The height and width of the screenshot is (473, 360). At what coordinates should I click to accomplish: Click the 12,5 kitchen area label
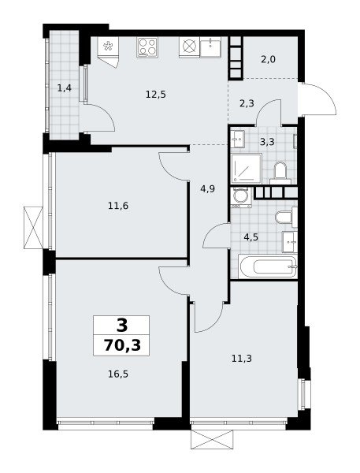point(155,95)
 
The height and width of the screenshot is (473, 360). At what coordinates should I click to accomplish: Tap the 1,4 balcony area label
point(65,88)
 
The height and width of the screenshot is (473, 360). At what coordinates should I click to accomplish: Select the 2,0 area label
point(268,59)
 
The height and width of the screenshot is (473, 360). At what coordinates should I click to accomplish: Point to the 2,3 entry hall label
point(247,104)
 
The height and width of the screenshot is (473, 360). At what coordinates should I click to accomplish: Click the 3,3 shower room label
point(267,141)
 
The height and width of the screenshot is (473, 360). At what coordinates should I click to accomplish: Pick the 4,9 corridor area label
point(207,189)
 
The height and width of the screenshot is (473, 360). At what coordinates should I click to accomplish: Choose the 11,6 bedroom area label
point(118,206)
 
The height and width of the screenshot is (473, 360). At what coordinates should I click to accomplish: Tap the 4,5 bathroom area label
point(251,237)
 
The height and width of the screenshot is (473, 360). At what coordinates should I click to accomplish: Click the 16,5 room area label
point(118,374)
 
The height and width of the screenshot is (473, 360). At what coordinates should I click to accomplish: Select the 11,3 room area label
point(242,359)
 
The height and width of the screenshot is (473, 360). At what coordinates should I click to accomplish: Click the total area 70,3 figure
point(122,345)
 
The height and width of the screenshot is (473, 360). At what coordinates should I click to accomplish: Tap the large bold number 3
point(122,325)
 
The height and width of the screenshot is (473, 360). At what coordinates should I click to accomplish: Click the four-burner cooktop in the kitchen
point(147,47)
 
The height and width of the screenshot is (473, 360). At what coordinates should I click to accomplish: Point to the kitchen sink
point(210,47)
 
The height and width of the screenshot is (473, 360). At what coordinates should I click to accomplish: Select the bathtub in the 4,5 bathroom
point(268,266)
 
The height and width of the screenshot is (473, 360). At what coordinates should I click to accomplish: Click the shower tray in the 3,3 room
point(247,169)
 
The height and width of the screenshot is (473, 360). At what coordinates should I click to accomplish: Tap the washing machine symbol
point(240,197)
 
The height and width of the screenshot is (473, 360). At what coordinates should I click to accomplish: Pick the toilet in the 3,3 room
point(280,173)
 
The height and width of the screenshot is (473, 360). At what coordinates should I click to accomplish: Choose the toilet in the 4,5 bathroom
point(286,217)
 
